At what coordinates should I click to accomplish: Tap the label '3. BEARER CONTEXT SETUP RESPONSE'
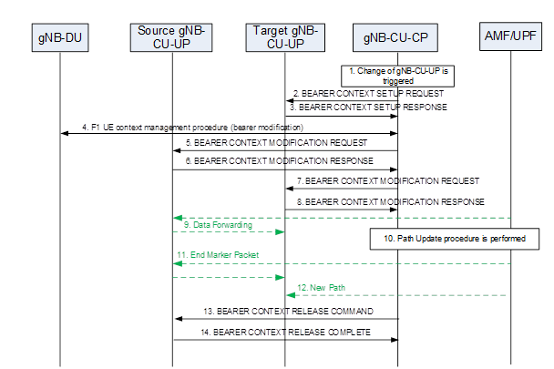[x=369, y=108]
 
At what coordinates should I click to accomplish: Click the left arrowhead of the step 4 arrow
[x=64, y=134]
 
